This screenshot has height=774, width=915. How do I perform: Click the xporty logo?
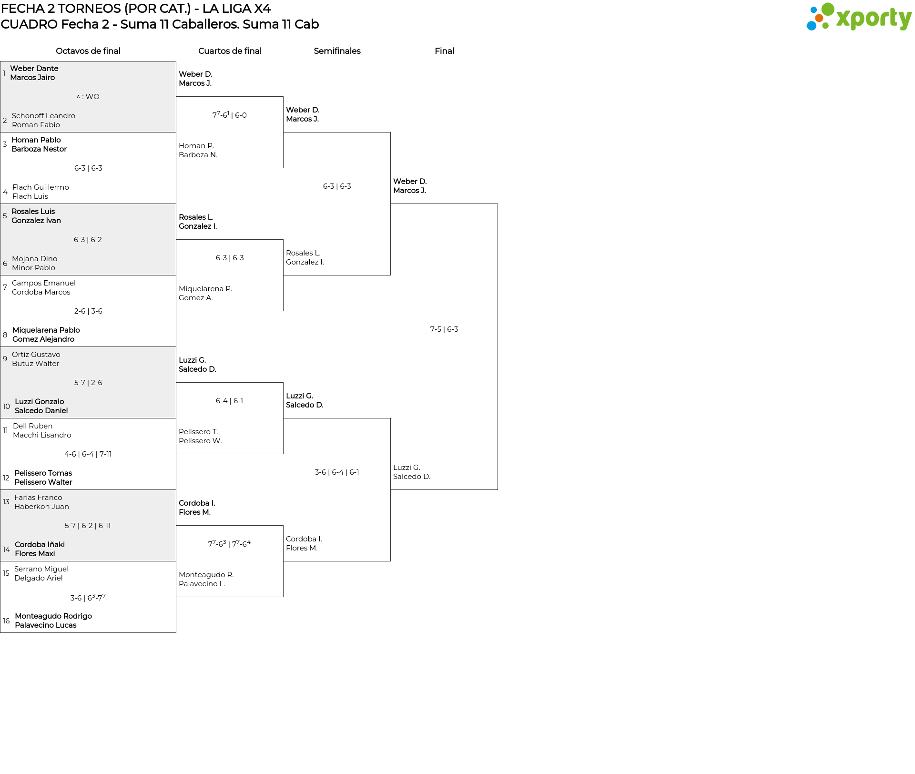(859, 17)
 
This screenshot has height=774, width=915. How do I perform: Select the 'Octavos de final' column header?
(88, 51)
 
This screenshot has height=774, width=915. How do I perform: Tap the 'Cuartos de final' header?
(230, 51)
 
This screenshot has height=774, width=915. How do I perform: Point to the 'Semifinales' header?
(337, 51)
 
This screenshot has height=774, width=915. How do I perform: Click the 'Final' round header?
(444, 51)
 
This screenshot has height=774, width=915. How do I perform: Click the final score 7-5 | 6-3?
(444, 329)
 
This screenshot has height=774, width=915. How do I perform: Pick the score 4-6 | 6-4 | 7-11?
(88, 454)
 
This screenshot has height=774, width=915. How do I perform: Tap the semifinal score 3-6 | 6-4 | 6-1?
(337, 472)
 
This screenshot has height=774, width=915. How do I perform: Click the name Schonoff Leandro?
(43, 116)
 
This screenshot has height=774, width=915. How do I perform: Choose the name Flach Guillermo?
(41, 187)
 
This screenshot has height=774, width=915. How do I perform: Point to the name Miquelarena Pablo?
(46, 330)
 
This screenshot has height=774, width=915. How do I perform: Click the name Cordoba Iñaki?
(40, 545)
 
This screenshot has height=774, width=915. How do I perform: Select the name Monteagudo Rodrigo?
(53, 616)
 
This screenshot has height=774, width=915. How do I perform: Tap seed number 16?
(6, 621)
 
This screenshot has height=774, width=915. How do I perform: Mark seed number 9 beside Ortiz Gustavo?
(5, 359)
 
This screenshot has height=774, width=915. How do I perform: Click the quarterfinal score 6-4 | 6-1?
(230, 401)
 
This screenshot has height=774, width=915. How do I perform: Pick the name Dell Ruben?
(33, 426)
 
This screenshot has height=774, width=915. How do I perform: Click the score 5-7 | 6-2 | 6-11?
(88, 526)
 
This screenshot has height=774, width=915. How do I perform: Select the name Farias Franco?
(38, 498)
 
